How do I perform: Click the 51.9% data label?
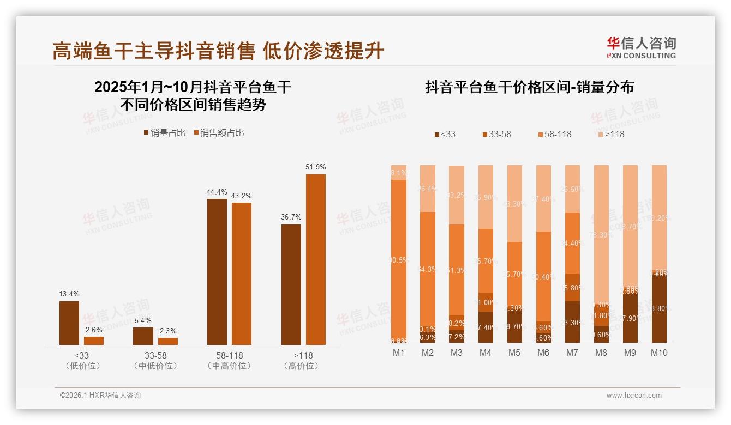pos(315,167)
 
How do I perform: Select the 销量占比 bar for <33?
pos(69,323)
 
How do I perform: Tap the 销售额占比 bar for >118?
pos(315,259)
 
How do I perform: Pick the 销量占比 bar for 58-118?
pos(217,271)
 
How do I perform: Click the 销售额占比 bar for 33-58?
pos(168,341)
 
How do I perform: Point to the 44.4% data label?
pos(217,192)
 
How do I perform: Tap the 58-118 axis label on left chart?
pos(229,355)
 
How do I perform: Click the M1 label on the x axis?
pos(399,353)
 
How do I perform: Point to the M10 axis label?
pos(659,353)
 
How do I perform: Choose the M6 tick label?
pos(543,353)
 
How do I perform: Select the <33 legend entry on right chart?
pos(445,134)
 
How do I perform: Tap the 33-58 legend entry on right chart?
pos(496,134)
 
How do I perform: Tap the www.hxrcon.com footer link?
pos(634,396)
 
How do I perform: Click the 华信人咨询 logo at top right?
pos(641,47)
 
